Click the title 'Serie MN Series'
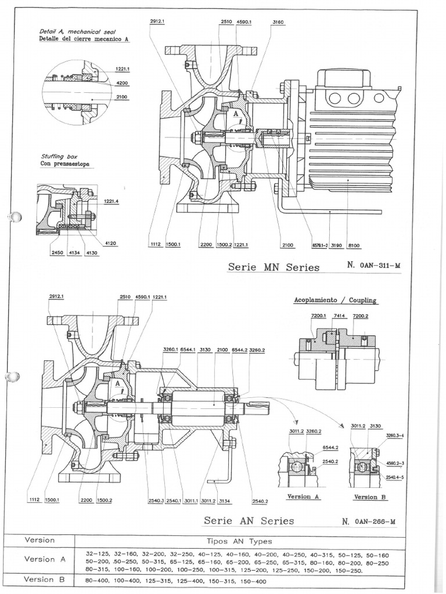pos(274,267)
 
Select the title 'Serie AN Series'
pos(249,520)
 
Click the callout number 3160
pos(278,22)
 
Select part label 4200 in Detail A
pos(122,83)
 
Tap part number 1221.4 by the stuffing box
pos(112,201)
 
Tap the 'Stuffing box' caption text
pos(60,156)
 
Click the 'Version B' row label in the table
pos(40,579)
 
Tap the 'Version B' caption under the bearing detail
pos(370,497)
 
